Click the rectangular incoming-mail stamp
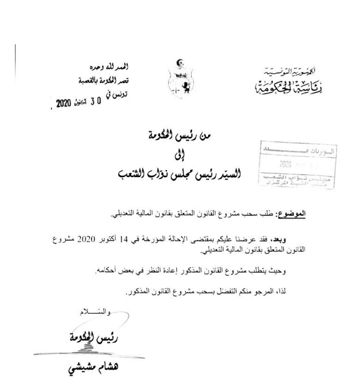(x=297, y=165)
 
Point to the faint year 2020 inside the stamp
(x=286, y=164)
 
